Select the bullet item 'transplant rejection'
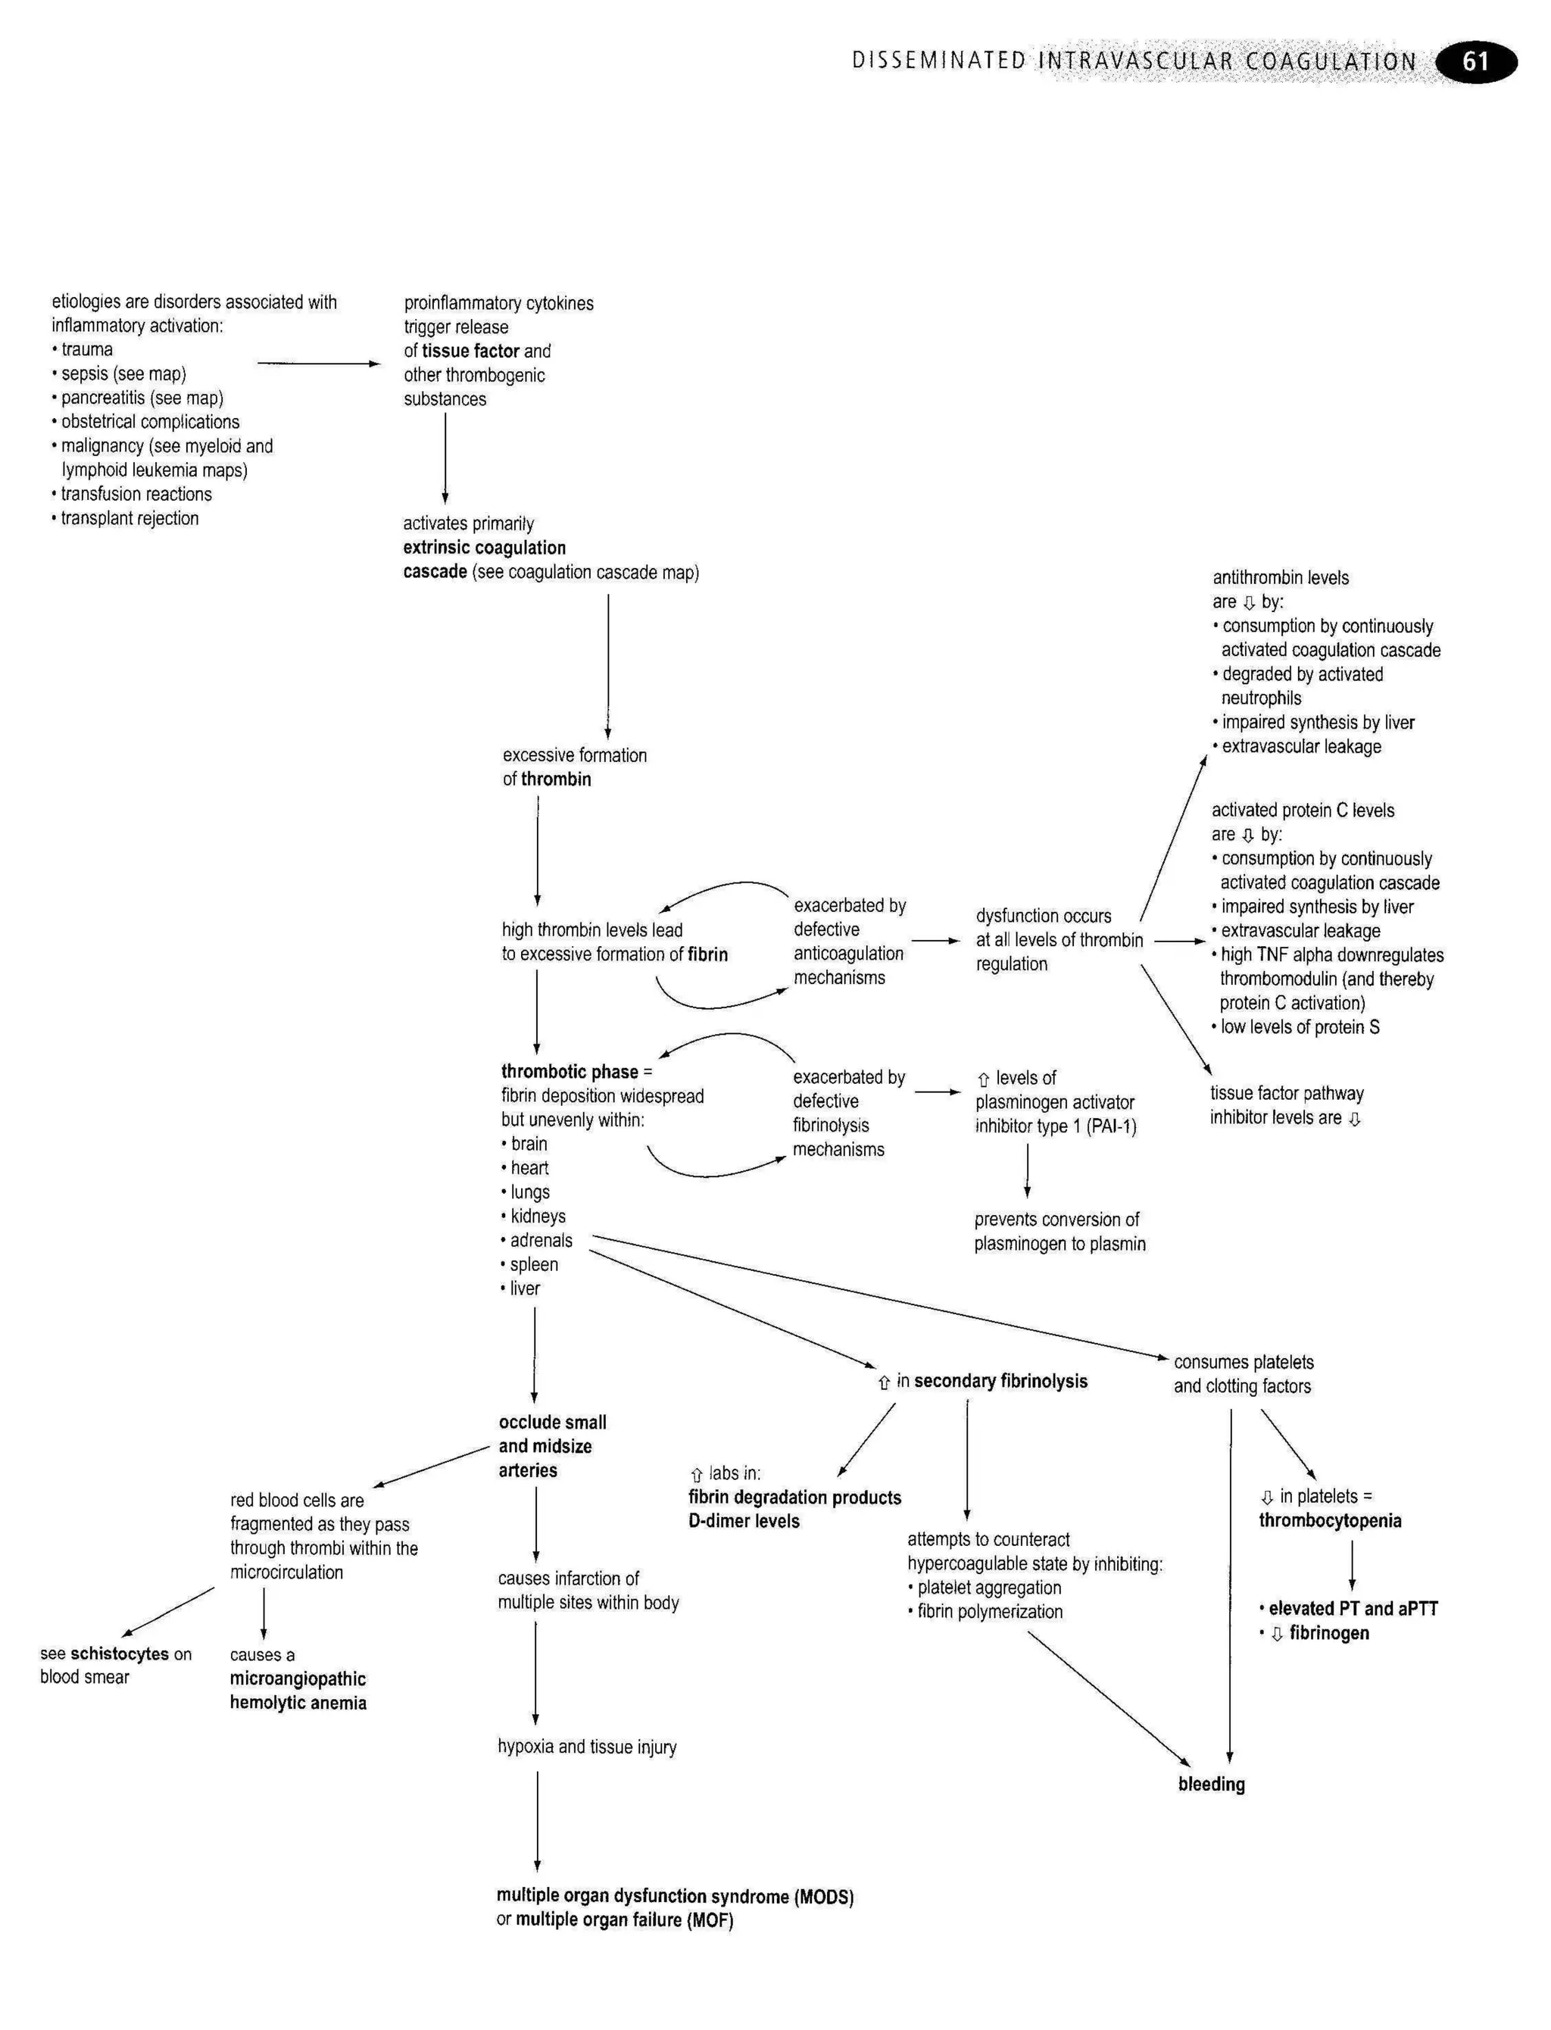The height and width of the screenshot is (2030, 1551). (130, 518)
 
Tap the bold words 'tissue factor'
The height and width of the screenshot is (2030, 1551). (471, 351)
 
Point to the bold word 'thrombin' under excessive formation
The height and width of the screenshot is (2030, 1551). (556, 779)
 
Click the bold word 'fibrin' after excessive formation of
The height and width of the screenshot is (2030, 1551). (707, 954)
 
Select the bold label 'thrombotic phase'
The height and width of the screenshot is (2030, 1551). (570, 1072)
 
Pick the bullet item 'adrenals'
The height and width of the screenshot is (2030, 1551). (541, 1240)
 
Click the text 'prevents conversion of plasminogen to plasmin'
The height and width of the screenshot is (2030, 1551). (1059, 1232)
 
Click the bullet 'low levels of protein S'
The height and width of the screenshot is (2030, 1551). (1299, 1026)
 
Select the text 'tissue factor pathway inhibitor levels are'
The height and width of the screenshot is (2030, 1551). (1285, 1105)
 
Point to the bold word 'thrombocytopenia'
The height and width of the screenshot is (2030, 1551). (1329, 1520)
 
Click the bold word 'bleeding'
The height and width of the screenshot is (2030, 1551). (1211, 1784)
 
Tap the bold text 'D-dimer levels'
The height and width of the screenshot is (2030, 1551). (744, 1520)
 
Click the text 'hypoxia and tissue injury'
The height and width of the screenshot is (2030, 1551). (586, 1747)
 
